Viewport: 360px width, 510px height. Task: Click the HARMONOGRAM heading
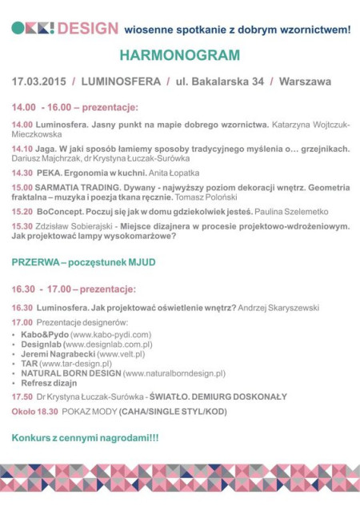click(179, 56)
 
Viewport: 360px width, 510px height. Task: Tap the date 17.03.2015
click(38, 82)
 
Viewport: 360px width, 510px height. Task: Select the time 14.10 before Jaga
click(22, 149)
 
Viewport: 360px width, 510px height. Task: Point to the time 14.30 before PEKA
click(22, 173)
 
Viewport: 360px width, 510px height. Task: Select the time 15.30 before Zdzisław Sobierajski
click(22, 225)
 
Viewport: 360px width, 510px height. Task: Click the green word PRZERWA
click(36, 262)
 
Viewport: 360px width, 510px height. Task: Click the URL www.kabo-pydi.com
click(110, 334)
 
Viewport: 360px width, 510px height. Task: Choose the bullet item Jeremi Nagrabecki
click(55, 353)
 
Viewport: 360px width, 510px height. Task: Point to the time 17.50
click(22, 396)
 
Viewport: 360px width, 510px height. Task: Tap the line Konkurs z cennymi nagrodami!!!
click(85, 438)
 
